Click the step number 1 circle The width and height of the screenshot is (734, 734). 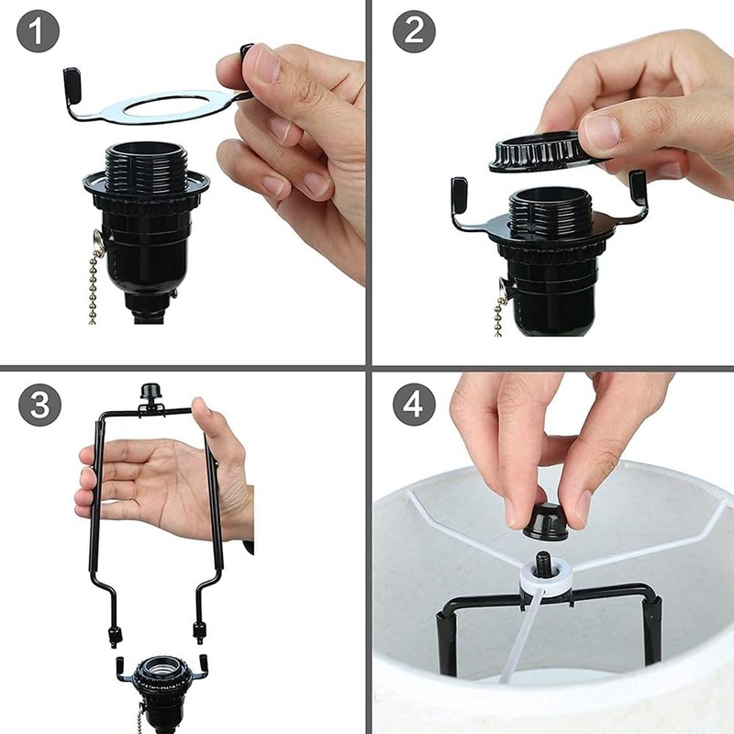click(x=38, y=34)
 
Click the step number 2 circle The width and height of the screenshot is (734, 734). click(x=414, y=34)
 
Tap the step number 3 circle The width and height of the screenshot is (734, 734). click(x=38, y=405)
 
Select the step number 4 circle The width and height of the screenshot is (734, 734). click(x=414, y=405)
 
